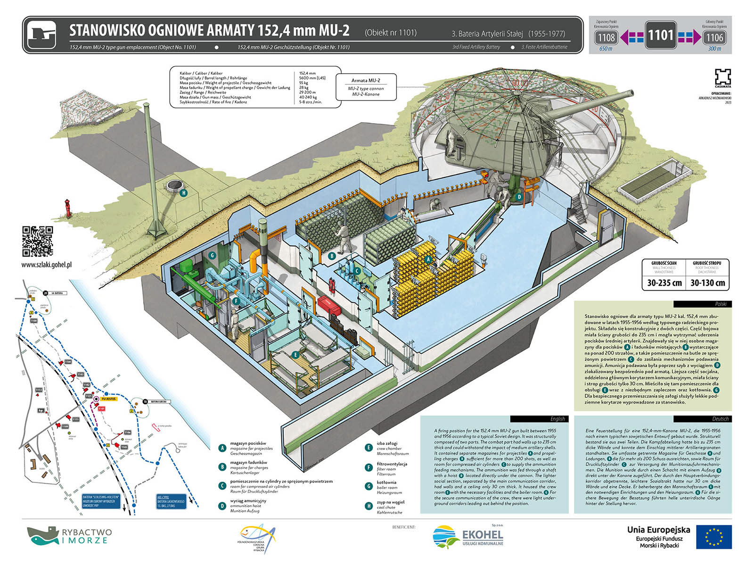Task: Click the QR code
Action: tap(38, 241)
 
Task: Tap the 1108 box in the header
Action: tap(606, 37)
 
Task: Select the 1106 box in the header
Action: tap(714, 37)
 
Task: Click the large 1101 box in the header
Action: tap(660, 35)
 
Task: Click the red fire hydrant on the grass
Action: tap(68, 208)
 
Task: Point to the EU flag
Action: tap(713, 537)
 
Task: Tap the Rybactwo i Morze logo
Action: tap(69, 536)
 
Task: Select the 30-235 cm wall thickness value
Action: tap(664, 283)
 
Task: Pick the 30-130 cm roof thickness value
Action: tap(707, 283)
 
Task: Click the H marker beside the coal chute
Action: tap(184, 192)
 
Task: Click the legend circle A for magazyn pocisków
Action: tap(222, 448)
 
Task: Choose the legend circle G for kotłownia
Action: tap(369, 486)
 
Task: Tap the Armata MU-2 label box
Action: tap(366, 87)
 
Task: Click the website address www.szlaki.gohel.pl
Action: tap(47, 265)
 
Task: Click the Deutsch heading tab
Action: tap(702, 419)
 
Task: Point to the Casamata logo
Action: tap(722, 78)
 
